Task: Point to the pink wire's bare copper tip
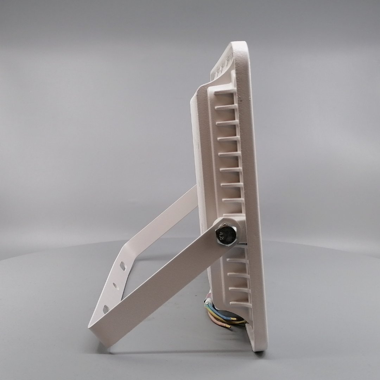click(x=229, y=327)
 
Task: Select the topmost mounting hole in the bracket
click(x=123, y=266)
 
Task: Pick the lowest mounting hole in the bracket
click(x=106, y=309)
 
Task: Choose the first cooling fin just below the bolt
click(x=237, y=260)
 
